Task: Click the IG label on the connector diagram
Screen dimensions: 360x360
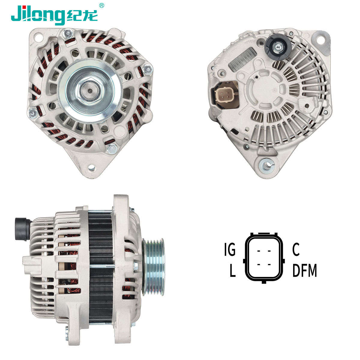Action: [x=230, y=250]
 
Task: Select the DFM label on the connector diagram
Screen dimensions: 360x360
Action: [x=304, y=270]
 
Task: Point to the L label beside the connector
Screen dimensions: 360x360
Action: [x=232, y=271]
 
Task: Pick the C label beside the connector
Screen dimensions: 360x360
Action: [x=296, y=250]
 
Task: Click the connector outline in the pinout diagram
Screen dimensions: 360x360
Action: [x=264, y=257]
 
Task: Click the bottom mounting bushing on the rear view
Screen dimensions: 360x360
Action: [x=266, y=164]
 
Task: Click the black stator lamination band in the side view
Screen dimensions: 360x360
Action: [x=100, y=264]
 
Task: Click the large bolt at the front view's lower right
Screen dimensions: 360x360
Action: [x=112, y=148]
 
